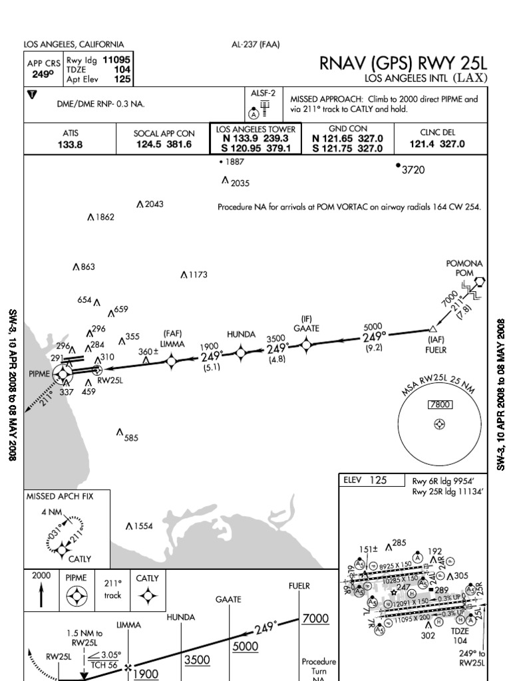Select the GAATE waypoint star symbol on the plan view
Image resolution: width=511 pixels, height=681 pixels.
coord(306,344)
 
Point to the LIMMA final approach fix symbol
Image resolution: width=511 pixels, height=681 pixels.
coord(172,360)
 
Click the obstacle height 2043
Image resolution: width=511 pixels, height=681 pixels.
coord(153,204)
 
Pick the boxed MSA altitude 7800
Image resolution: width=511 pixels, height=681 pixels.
coord(439,405)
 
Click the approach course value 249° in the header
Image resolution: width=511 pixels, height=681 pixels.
coord(43,75)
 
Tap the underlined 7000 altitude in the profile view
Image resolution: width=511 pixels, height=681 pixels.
coord(315,618)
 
